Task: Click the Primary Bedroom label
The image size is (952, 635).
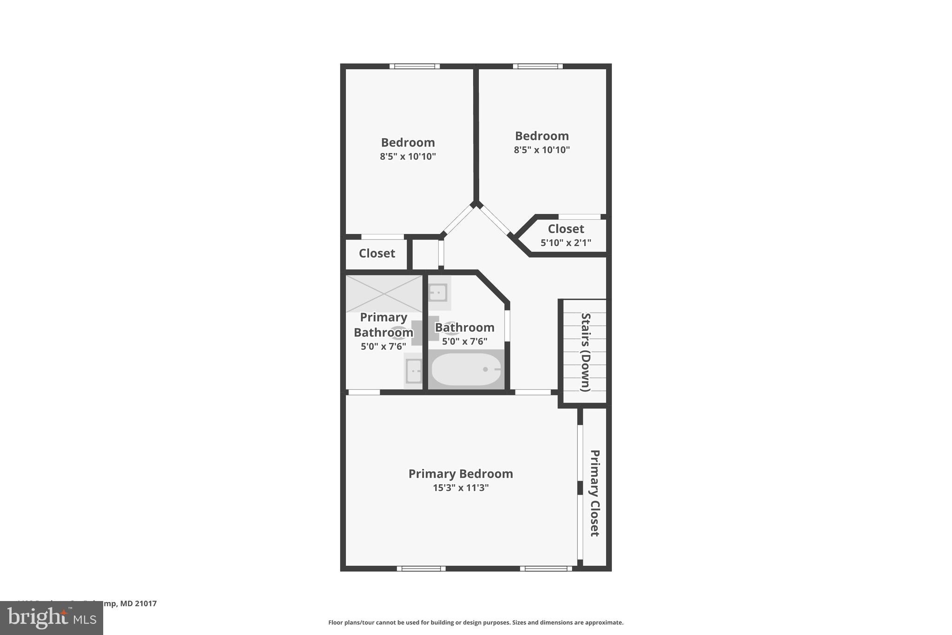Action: pos(460,474)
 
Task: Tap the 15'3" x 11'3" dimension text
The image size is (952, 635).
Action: pos(461,488)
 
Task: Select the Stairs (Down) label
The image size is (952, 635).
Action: pos(586,352)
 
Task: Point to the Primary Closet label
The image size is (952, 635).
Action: pos(595,493)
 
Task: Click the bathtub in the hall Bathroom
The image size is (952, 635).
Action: pos(466,369)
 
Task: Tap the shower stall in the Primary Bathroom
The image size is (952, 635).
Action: pos(384,294)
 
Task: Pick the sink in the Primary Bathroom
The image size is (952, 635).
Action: pos(413,371)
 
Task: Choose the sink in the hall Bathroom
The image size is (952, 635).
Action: pos(438,293)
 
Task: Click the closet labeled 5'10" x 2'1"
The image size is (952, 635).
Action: pos(566,235)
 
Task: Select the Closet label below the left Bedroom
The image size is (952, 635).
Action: pos(377,254)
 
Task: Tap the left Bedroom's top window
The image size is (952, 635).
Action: pos(414,66)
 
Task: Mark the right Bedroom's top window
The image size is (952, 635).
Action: pos(538,66)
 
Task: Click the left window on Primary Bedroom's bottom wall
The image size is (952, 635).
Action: pos(421,568)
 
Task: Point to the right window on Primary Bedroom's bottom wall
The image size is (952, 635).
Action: pos(546,568)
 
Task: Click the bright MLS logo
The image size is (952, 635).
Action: pos(52,618)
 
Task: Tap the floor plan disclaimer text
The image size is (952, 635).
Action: pos(476,622)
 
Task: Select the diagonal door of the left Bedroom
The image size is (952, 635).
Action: pos(458,220)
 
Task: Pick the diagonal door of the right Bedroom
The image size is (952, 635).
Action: pos(495,220)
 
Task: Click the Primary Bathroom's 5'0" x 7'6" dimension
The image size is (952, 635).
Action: pos(383,347)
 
